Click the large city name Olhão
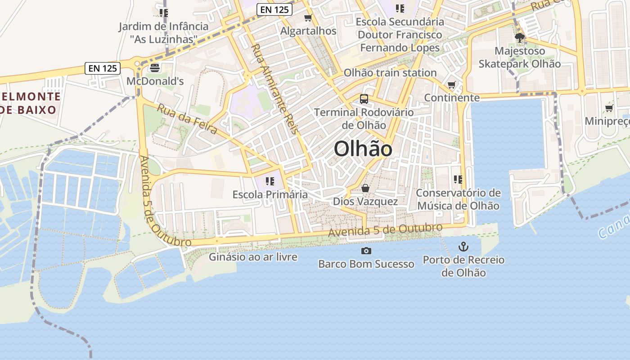tap(363, 149)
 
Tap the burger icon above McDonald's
tap(155, 68)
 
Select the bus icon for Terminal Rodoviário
tap(364, 99)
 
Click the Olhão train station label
tap(390, 73)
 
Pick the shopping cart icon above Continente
tap(452, 85)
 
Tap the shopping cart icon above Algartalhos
tap(308, 18)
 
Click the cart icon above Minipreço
tap(609, 108)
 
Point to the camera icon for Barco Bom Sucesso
tap(366, 251)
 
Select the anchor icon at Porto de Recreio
tap(463, 247)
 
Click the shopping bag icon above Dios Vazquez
tap(365, 188)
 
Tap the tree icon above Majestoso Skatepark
tap(520, 38)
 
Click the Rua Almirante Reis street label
tap(274, 89)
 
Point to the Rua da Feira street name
tap(187, 119)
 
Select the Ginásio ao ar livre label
tap(253, 257)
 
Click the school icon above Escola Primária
tap(270, 181)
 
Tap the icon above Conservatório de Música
tap(458, 180)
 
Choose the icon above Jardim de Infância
tap(163, 13)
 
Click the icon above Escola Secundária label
tap(400, 8)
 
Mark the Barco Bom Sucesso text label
tap(366, 264)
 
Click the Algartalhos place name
tap(308, 31)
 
